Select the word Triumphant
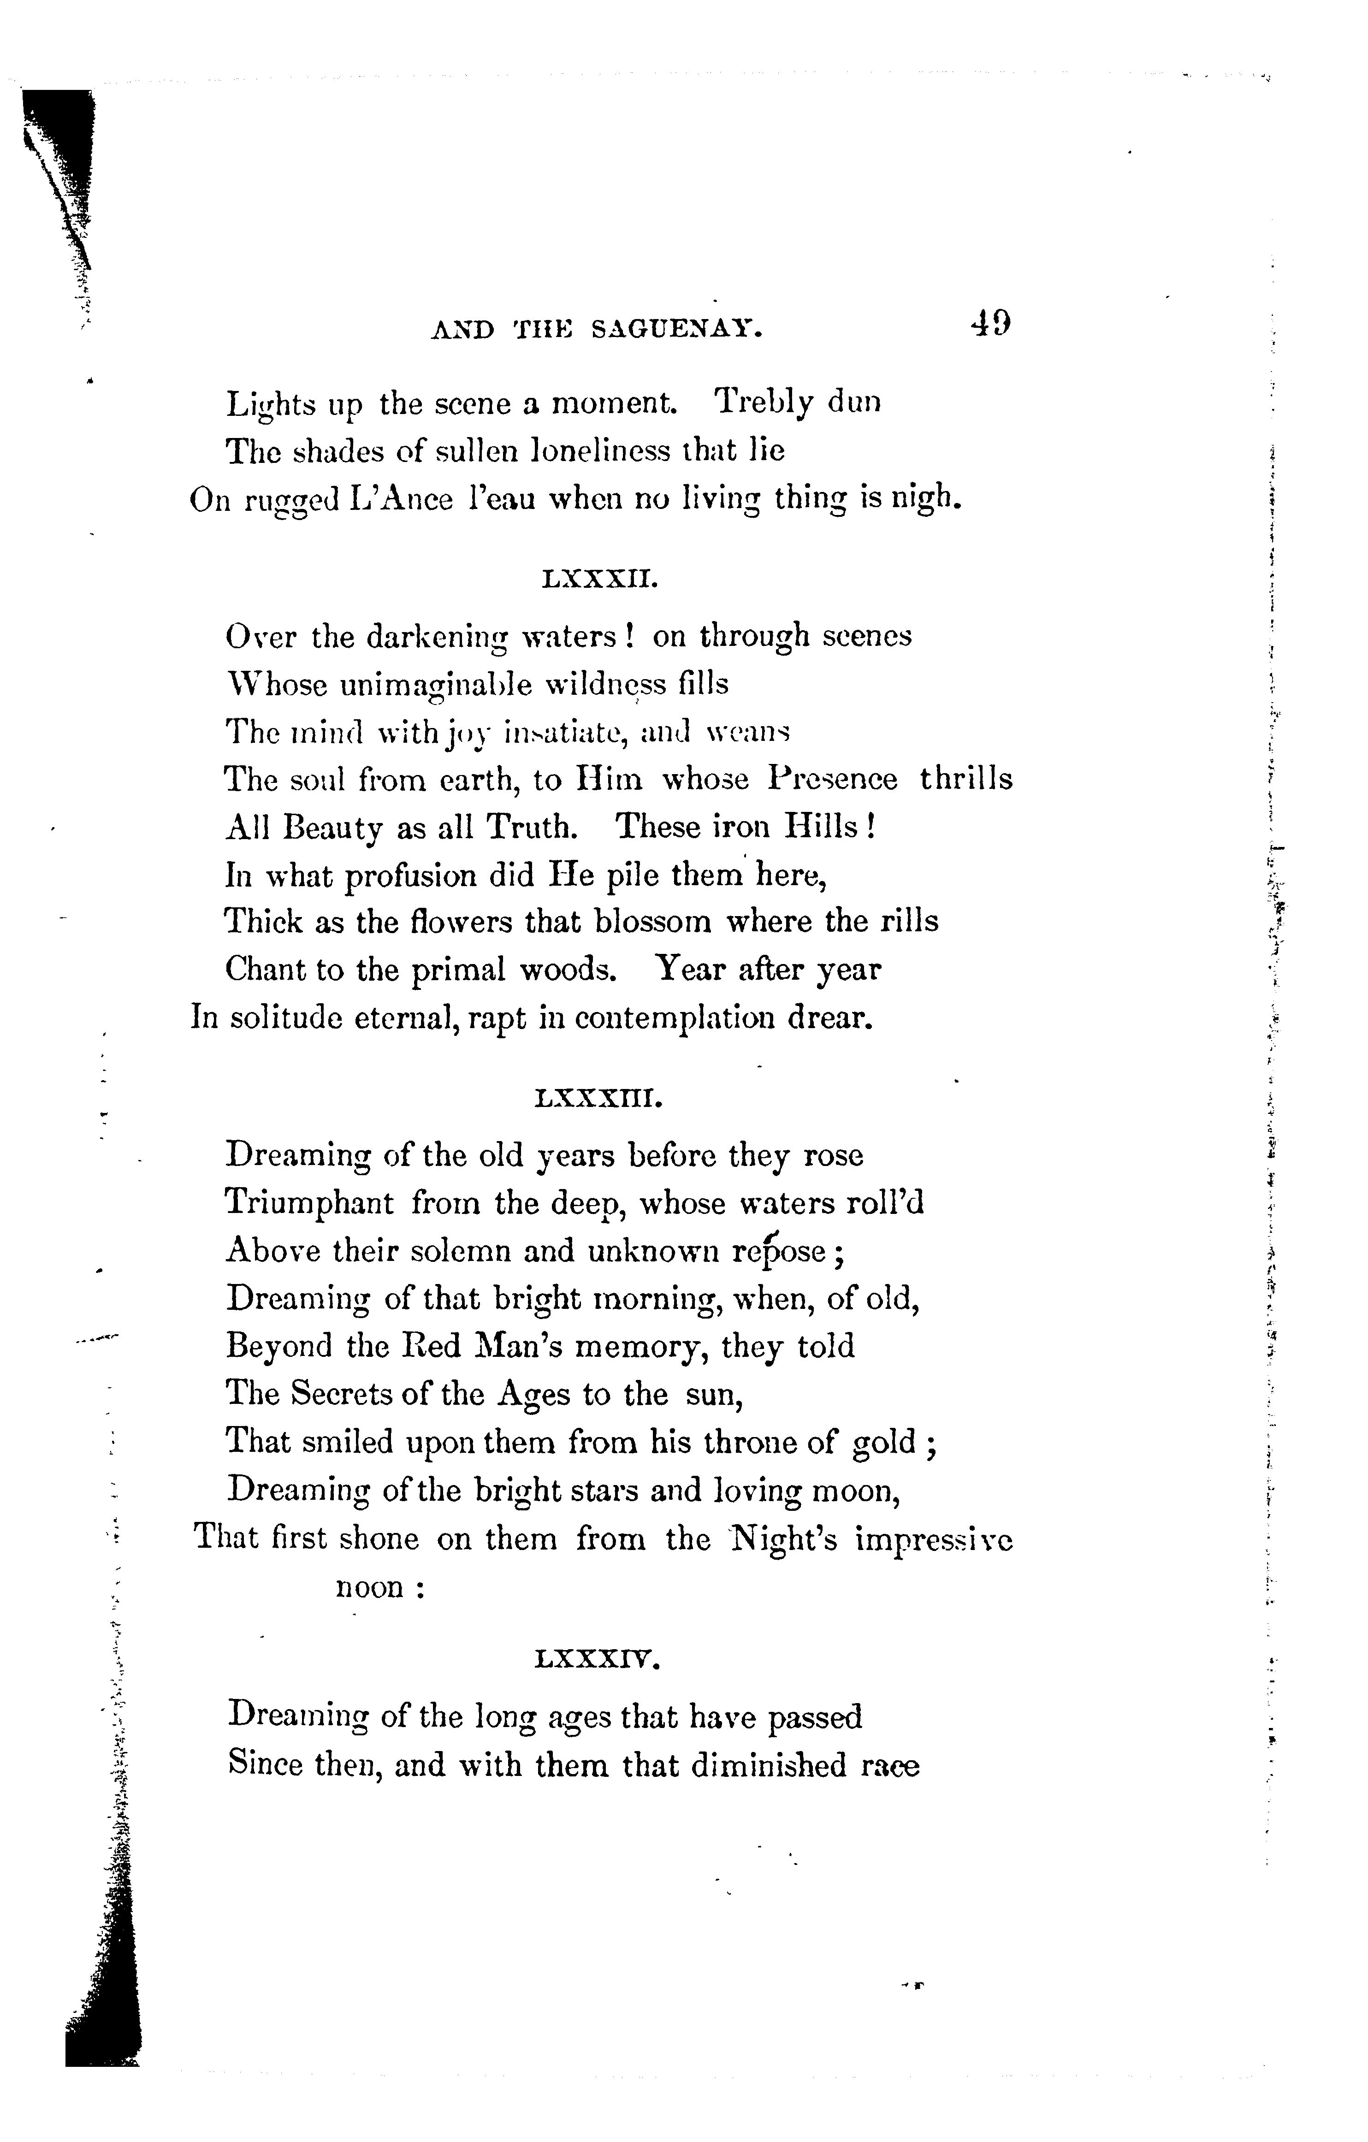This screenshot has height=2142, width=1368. pyautogui.click(x=308, y=1203)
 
